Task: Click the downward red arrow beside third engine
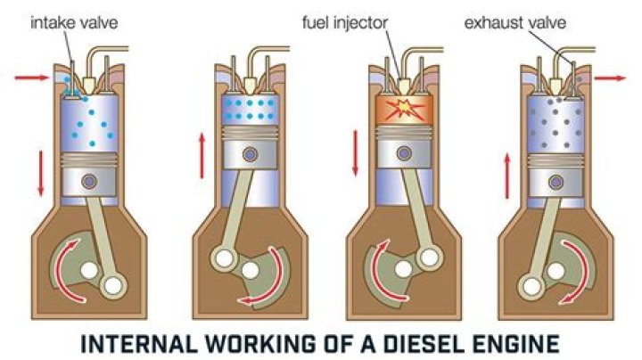point(356,151)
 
